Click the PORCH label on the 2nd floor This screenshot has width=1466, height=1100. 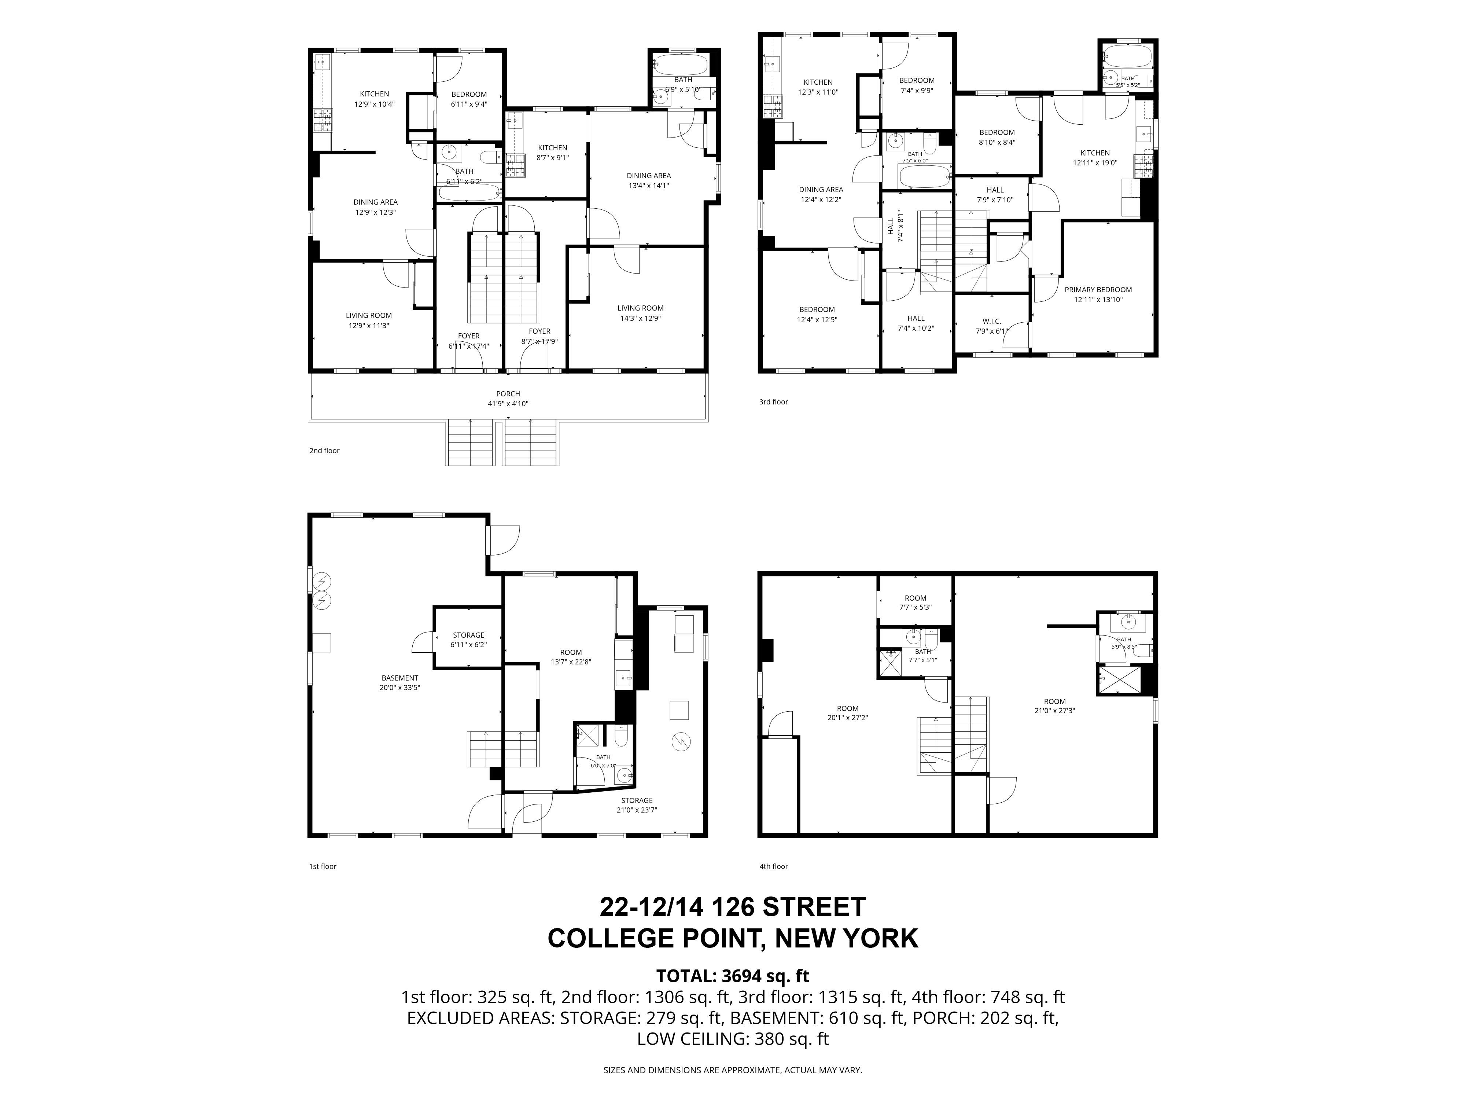pos(508,394)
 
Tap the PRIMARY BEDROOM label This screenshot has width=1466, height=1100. pos(1098,290)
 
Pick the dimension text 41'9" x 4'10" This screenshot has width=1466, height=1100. pos(508,404)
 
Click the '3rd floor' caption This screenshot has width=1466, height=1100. pos(773,402)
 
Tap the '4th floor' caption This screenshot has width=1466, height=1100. pos(773,866)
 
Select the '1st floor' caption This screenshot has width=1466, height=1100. pos(323,866)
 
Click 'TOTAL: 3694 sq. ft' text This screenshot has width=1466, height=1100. pos(732,976)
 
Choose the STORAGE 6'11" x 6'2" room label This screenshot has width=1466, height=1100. pos(468,640)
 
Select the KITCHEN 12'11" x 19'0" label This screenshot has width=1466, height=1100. pos(1095,158)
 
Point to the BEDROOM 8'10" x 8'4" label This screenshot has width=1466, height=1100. pos(997,137)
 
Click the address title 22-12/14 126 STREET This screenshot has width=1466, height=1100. pos(732,906)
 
